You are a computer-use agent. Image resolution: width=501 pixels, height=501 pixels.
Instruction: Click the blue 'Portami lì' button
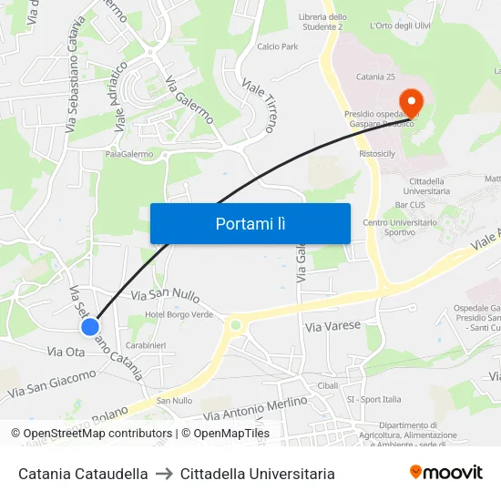(250, 223)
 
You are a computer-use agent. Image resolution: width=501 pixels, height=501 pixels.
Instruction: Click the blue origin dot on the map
(89, 326)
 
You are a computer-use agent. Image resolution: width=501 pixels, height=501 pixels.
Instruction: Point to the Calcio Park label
(278, 46)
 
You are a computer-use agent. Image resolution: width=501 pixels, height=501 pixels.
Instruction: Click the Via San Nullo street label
(165, 296)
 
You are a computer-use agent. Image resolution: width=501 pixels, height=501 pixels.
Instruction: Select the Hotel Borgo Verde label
(179, 314)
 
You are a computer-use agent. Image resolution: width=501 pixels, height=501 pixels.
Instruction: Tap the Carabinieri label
(146, 345)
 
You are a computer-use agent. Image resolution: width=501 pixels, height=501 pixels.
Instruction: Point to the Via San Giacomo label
(52, 383)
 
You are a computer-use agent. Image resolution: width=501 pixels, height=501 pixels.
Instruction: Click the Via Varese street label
(332, 325)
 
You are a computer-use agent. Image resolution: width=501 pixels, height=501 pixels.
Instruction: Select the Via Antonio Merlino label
(255, 408)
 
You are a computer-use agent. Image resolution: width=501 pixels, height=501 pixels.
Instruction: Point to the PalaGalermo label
(128, 154)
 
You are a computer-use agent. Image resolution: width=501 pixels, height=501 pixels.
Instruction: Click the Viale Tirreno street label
(258, 105)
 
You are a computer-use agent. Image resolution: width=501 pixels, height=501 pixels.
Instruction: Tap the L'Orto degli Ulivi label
(400, 26)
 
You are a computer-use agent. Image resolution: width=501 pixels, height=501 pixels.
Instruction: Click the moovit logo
(445, 473)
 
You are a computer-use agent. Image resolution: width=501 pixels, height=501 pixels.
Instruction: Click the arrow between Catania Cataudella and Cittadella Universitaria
(164, 474)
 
